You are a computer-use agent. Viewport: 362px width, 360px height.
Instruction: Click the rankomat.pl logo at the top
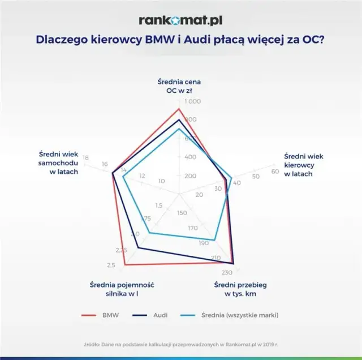[x=180, y=20]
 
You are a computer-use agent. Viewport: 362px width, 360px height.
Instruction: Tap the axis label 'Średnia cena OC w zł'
[x=179, y=85]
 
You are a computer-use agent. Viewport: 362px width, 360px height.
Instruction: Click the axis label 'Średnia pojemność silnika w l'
[x=122, y=289]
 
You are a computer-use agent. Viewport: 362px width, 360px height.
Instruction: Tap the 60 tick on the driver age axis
[x=275, y=172]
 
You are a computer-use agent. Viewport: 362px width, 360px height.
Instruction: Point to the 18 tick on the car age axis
[x=85, y=157]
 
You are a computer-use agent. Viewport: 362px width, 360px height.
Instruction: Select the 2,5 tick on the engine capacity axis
[x=111, y=265]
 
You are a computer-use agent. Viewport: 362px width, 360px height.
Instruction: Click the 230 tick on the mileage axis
[x=234, y=272]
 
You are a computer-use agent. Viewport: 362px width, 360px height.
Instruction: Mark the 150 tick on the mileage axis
[x=182, y=213]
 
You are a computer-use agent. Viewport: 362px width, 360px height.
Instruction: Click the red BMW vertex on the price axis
[x=179, y=109]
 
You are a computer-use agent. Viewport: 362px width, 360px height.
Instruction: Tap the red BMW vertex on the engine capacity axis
[x=125, y=264]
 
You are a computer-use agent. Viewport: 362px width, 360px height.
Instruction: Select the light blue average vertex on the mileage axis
[x=215, y=241]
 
